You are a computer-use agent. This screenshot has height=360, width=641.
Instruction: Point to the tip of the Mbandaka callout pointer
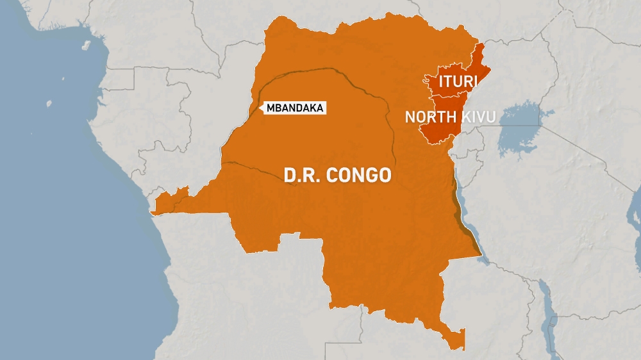(x=260, y=108)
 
